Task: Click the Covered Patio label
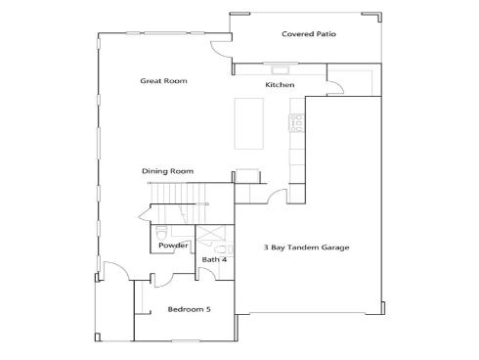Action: pos(309,34)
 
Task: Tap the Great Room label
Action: pos(163,81)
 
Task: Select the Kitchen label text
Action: pos(280,85)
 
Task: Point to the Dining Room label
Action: pos(167,171)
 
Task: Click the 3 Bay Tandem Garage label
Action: pos(306,247)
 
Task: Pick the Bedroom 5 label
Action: pos(189,309)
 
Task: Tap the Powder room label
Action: pos(173,246)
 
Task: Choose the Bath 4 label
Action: pos(214,259)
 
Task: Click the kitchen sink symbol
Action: pos(281,69)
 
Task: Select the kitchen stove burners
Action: pos(297,122)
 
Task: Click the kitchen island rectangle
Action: pos(249,123)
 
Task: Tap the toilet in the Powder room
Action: pos(161,232)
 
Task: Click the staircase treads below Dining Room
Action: pos(178,202)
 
